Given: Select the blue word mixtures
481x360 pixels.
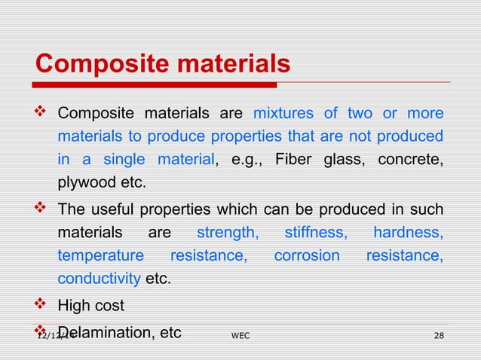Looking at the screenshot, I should point(283,114).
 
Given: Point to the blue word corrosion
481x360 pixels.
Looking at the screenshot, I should point(307,256).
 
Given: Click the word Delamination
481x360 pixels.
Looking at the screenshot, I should point(106,331).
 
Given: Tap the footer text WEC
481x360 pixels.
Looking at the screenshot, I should point(240,334).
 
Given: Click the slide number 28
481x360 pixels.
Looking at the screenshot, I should point(438,334).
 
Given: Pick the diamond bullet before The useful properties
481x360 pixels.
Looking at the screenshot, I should point(41,209).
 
